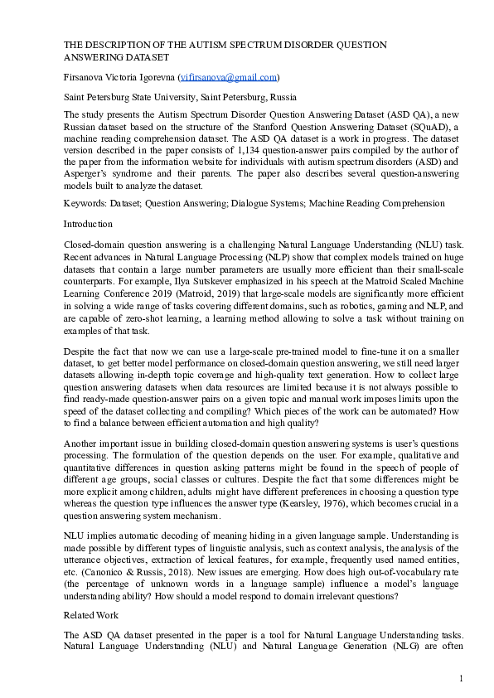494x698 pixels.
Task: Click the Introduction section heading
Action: coord(88,223)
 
